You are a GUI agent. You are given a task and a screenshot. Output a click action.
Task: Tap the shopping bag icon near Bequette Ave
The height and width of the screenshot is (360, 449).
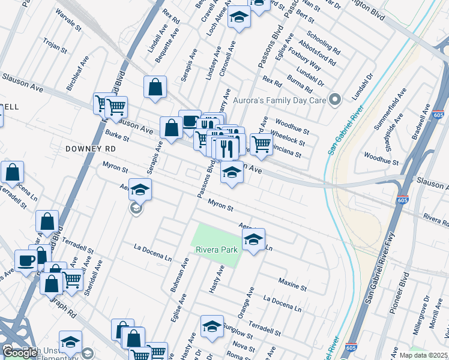[155, 87]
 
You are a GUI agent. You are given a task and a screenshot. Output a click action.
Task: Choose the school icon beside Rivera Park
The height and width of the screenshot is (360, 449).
[254, 240]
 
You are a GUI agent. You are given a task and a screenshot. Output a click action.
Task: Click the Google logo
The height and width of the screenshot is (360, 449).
[20, 352]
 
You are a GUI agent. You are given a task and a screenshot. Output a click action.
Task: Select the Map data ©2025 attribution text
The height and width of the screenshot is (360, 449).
[423, 355]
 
